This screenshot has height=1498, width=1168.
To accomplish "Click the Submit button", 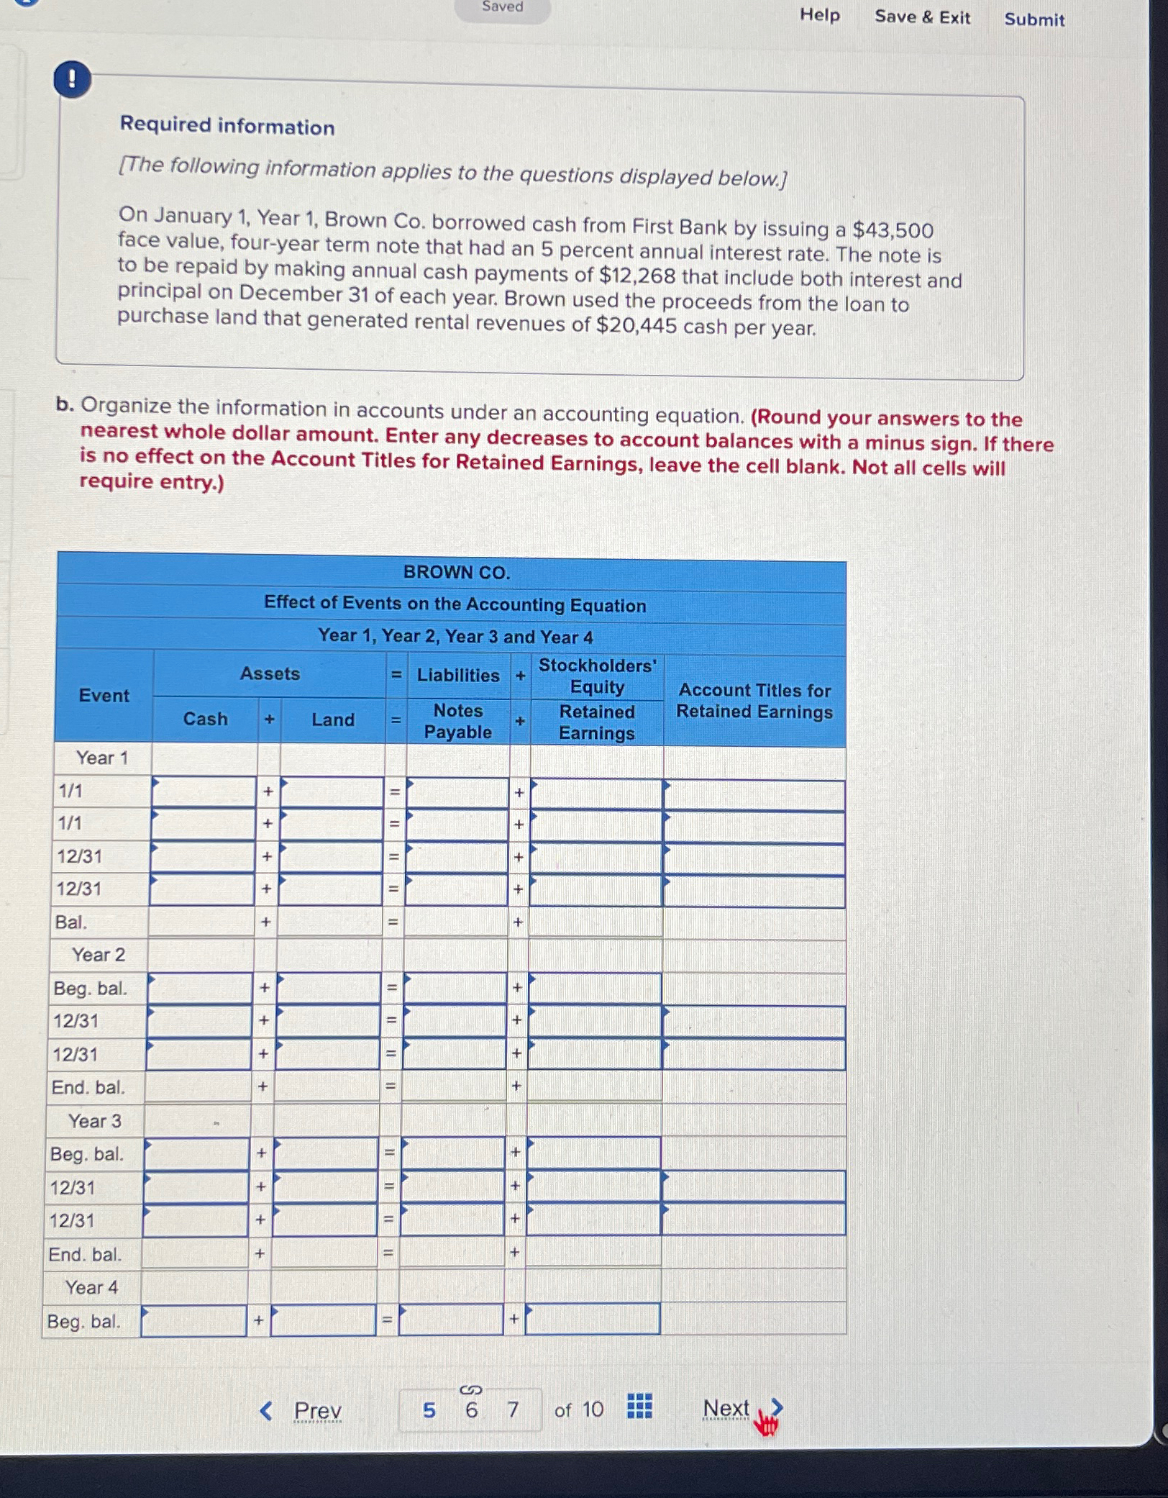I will click(1034, 19).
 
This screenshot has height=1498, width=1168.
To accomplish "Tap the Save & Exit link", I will click(922, 17).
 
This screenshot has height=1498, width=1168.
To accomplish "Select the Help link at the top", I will click(819, 14).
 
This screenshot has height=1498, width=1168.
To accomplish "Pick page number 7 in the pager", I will click(513, 1410).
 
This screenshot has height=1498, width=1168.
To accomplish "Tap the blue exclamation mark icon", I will click(72, 79).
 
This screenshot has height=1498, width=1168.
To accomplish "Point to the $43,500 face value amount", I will click(893, 230).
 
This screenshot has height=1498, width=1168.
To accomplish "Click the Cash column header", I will click(205, 719).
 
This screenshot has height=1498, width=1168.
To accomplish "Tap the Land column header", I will click(332, 720).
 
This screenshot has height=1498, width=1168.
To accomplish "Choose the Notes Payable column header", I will click(458, 721).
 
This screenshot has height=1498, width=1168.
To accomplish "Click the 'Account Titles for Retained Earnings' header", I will click(754, 701).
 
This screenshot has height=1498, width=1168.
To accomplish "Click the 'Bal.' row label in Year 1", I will click(70, 922).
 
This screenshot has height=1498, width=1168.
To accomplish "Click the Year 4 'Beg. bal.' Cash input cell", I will click(194, 1321).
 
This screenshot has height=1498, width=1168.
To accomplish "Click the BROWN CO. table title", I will click(456, 572).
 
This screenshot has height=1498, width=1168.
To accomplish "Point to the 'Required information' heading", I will click(227, 126).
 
